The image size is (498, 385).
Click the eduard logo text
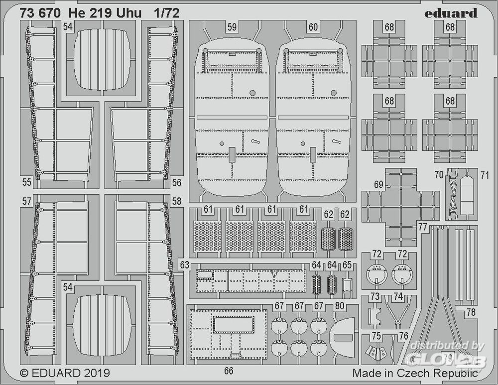(x=451, y=13)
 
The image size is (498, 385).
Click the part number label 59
(x=232, y=28)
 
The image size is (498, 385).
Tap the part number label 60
(x=313, y=28)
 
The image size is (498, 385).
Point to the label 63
(x=185, y=265)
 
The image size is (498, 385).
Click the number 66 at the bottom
(x=229, y=371)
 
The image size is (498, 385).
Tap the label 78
(x=471, y=313)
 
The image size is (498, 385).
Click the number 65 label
(x=347, y=265)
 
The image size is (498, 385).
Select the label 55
(x=26, y=182)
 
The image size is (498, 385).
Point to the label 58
(x=176, y=201)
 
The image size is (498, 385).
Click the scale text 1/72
(x=167, y=13)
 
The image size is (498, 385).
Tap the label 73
(x=375, y=297)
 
